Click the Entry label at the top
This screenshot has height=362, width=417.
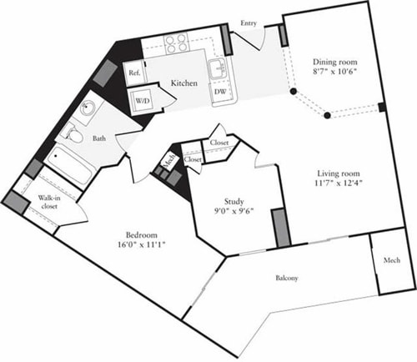[x=248, y=24]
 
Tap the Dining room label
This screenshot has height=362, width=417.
[x=332, y=62]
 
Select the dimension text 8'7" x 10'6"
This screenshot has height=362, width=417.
[x=332, y=73]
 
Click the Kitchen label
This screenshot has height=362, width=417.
[x=184, y=83]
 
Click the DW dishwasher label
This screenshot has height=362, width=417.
[x=219, y=93]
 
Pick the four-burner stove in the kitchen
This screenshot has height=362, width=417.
[x=176, y=42]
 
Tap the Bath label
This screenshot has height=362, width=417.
[x=99, y=139]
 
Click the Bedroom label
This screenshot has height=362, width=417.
[x=138, y=235]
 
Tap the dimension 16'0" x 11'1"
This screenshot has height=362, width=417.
[x=138, y=247]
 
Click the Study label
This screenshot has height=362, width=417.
[x=236, y=200]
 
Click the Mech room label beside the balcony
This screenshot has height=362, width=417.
[x=392, y=259]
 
